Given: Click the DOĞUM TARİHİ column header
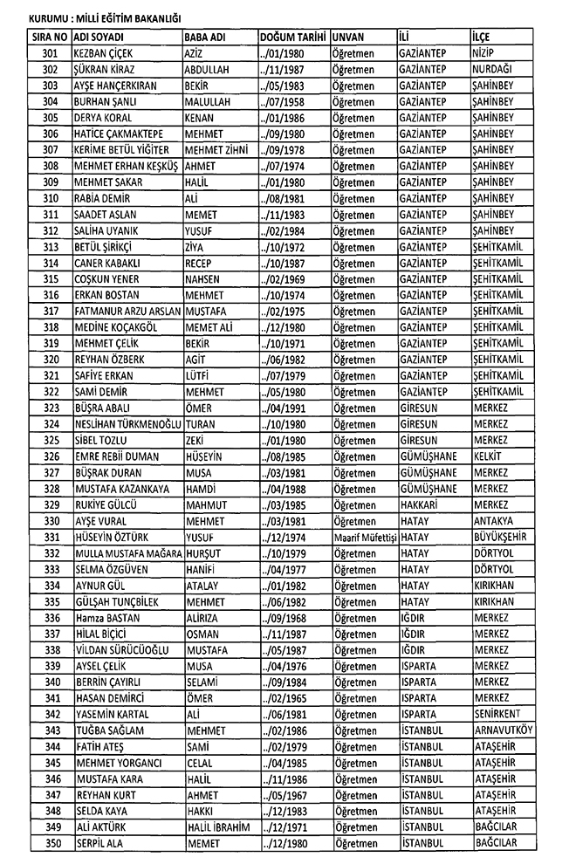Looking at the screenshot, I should [292, 38].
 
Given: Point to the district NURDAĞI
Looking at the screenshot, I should [493, 70].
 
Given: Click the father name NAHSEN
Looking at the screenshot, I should [206, 278].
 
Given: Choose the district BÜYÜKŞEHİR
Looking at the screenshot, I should [504, 537].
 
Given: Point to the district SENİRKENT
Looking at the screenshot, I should [500, 713].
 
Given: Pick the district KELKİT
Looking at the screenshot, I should [487, 456].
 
